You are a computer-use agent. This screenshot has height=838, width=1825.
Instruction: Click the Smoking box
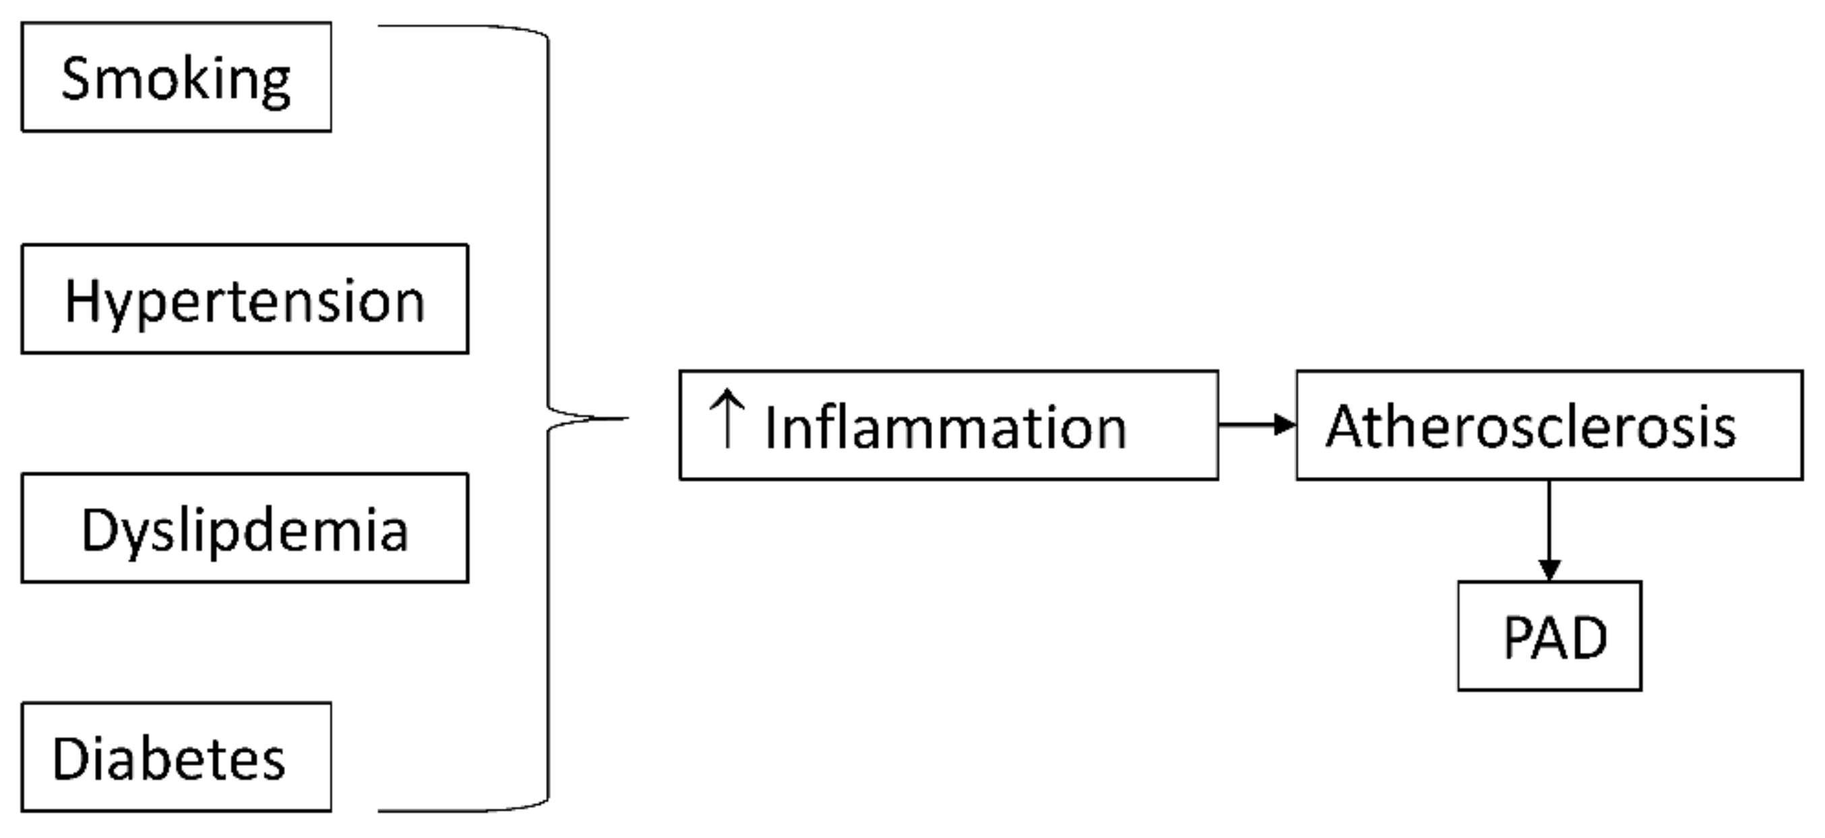click(x=176, y=77)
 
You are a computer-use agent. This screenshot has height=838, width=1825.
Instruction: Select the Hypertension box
click(x=245, y=299)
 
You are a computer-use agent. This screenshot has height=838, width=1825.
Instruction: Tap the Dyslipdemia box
click(x=245, y=528)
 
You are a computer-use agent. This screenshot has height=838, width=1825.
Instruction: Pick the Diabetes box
click(x=176, y=757)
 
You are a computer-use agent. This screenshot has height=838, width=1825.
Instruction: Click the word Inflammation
click(x=946, y=428)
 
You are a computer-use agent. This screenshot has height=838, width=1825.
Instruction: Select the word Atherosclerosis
click(x=1530, y=426)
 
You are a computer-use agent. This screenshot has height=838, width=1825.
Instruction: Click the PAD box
click(x=1549, y=636)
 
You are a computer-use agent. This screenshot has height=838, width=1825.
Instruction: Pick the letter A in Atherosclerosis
click(x=1347, y=426)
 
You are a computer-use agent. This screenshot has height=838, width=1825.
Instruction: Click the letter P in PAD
click(x=1517, y=637)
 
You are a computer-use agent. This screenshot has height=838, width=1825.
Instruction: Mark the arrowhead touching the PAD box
click(x=1549, y=571)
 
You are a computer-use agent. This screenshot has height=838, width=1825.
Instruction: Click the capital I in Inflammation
click(x=771, y=428)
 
